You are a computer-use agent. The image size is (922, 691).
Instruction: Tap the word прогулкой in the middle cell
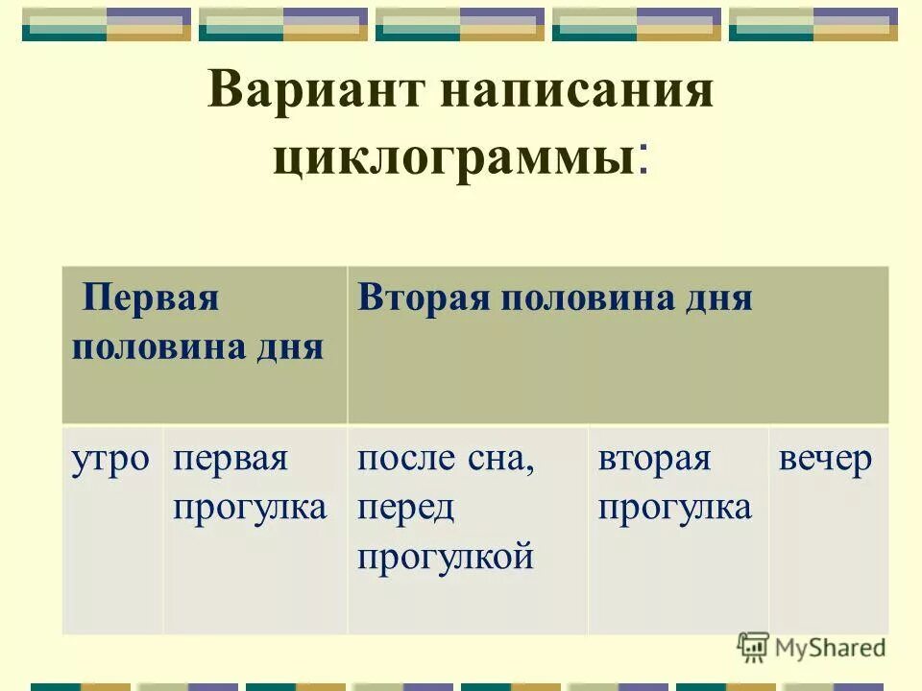[445, 556]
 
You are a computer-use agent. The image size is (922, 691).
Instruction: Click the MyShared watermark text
[830, 648]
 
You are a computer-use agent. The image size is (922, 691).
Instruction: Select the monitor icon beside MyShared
[753, 647]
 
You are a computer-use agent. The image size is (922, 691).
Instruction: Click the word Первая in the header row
[152, 298]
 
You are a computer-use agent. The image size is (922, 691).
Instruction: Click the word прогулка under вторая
[675, 507]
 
